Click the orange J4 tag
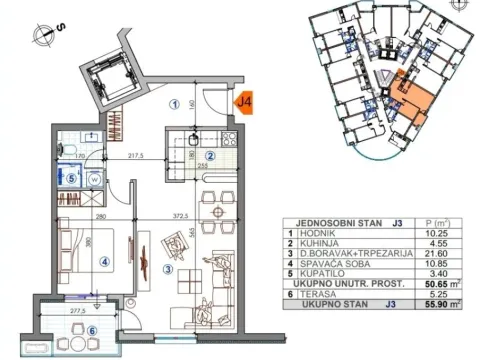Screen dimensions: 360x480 (244, 100)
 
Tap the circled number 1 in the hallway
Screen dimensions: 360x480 (174, 101)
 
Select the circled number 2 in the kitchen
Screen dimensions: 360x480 (211, 155)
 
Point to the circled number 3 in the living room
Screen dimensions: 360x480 (169, 268)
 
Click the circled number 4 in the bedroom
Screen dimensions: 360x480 (105, 264)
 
